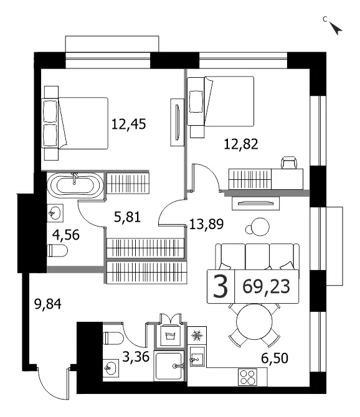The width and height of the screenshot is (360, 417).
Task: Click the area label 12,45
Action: [x=128, y=124]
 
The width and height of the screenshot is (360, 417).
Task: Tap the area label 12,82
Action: [x=241, y=144]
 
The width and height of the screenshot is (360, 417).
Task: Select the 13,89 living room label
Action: [x=207, y=224]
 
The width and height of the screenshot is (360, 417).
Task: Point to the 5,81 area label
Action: [x=127, y=217]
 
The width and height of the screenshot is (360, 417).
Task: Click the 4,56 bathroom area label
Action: [x=66, y=235]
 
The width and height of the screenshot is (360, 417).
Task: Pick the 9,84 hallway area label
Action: [x=48, y=304]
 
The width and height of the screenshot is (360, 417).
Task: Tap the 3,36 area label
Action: [x=136, y=357]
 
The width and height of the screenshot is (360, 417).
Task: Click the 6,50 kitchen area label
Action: [x=275, y=358]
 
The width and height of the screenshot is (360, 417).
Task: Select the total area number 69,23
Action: [x=267, y=287]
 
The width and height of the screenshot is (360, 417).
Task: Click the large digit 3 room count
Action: [x=220, y=287]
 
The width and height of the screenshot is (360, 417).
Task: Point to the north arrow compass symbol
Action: [x=336, y=28]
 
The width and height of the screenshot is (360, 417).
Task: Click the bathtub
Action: [x=75, y=185]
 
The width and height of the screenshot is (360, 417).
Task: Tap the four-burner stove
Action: [x=249, y=377]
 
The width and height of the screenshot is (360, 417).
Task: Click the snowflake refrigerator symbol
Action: [x=197, y=335]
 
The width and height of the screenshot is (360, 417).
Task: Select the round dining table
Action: [x=255, y=321]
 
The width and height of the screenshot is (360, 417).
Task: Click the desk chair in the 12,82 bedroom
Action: [x=289, y=162]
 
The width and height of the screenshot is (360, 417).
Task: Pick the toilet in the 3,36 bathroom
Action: [x=113, y=339]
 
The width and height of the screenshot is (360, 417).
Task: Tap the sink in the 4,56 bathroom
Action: [x=55, y=213]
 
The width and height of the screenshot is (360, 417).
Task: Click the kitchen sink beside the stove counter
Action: [x=197, y=357]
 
